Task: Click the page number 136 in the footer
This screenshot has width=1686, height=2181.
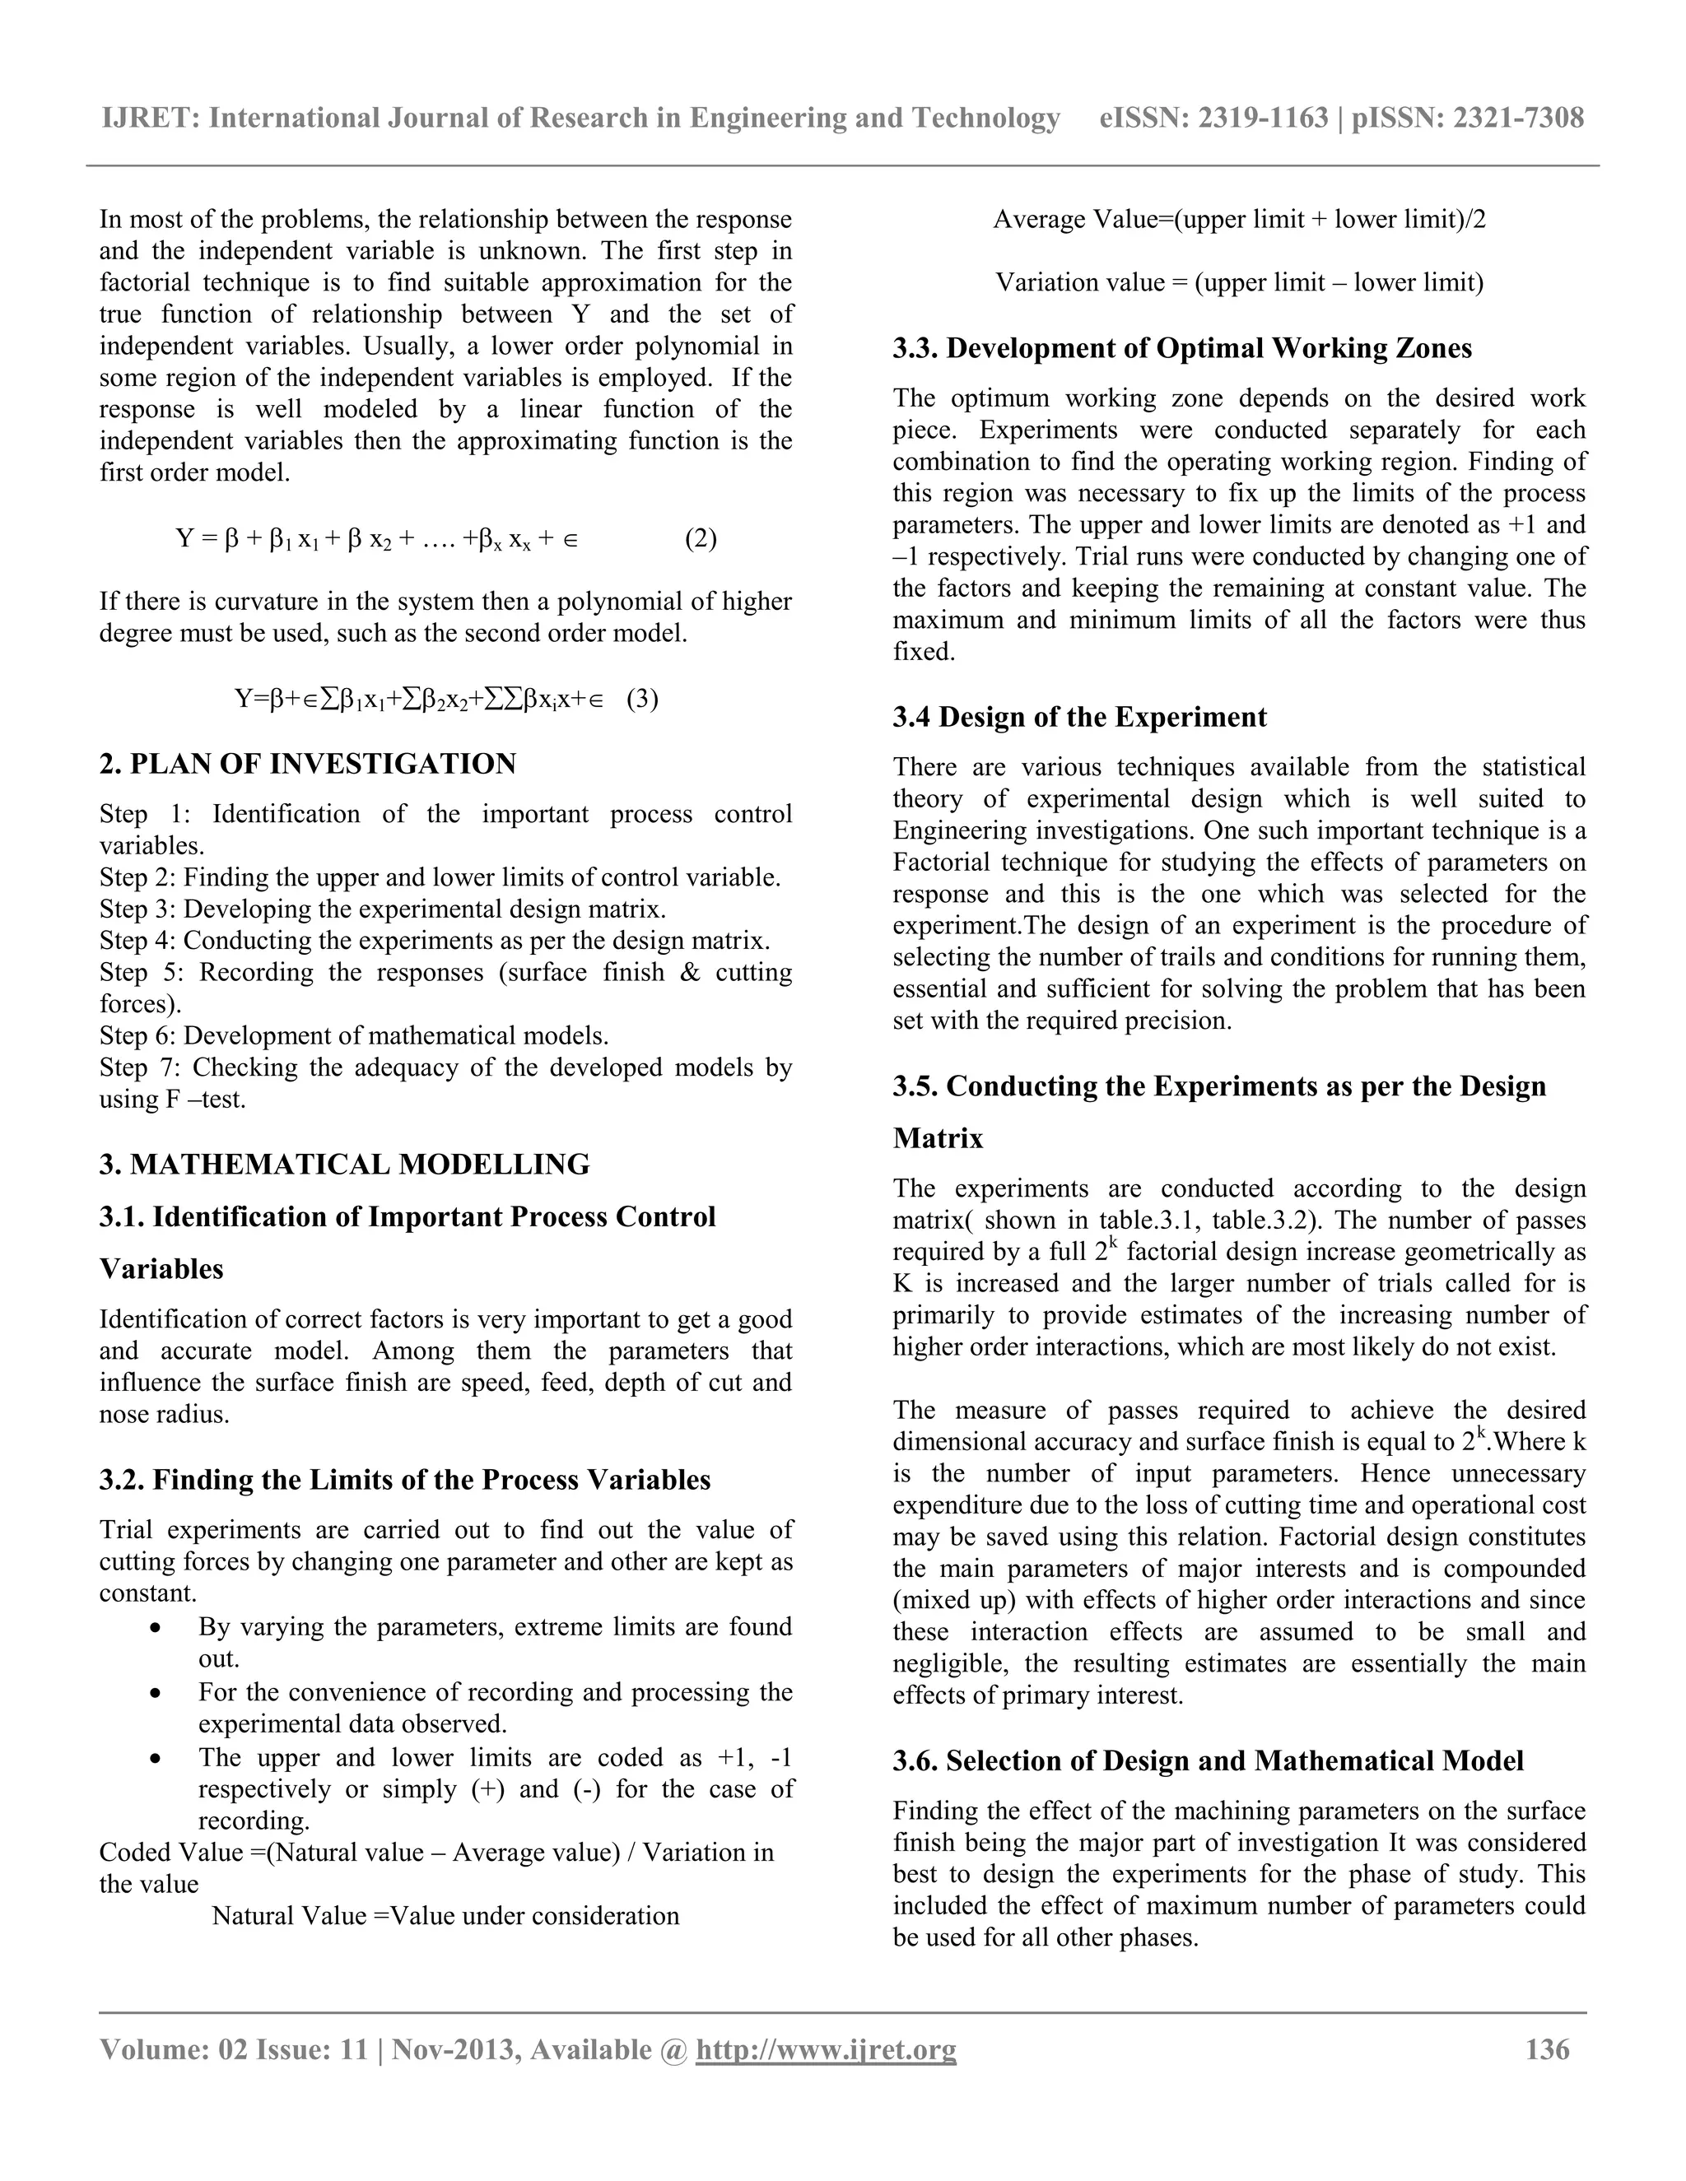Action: pyautogui.click(x=1547, y=2050)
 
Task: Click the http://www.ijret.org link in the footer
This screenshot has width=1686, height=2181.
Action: pyautogui.click(x=825, y=2050)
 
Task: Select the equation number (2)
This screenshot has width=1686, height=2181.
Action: pyautogui.click(x=701, y=539)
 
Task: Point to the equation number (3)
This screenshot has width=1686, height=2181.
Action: pyautogui.click(x=642, y=698)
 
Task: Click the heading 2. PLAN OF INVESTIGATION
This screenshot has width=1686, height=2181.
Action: pyautogui.click(x=308, y=764)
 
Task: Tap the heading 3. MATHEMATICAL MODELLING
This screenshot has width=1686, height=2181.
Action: pyautogui.click(x=345, y=1165)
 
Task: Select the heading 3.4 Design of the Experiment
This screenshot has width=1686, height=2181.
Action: pyautogui.click(x=1078, y=717)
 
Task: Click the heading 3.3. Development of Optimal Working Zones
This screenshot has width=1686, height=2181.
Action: pyautogui.click(x=1181, y=348)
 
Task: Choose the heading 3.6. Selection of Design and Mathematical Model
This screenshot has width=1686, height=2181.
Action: pyautogui.click(x=1208, y=1760)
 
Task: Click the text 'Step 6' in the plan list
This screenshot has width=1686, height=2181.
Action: pyautogui.click(x=136, y=1035)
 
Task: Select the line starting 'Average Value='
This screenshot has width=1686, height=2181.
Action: pyautogui.click(x=1238, y=220)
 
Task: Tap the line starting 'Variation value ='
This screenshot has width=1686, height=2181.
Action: pyautogui.click(x=1238, y=282)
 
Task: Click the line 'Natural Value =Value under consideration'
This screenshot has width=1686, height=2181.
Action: pyautogui.click(x=445, y=1915)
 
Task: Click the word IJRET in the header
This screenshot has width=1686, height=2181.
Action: pyautogui.click(x=151, y=118)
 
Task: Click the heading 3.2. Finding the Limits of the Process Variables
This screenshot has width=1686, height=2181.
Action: pyautogui.click(x=404, y=1479)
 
